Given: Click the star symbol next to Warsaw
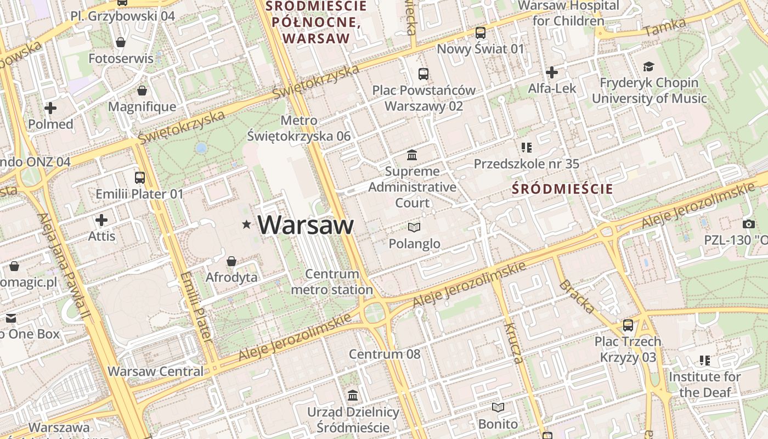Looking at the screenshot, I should click(247, 224).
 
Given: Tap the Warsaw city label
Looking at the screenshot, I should click(306, 225).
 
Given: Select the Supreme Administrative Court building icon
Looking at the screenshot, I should click(412, 154).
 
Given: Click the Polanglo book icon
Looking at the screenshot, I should click(414, 227).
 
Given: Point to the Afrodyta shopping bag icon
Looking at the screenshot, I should click(231, 261).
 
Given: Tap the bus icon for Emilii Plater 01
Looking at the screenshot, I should click(140, 177).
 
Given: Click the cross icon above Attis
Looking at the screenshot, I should click(101, 220).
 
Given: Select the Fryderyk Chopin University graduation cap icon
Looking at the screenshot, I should click(649, 66).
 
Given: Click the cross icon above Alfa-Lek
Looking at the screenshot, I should click(552, 72).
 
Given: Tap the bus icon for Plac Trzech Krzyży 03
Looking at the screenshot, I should click(628, 325).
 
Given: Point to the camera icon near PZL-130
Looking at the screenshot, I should click(748, 224).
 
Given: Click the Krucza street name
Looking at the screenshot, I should click(513, 344).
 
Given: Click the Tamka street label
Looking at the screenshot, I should click(665, 27).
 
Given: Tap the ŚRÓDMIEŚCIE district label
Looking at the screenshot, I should click(562, 189).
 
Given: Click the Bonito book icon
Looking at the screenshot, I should click(498, 407).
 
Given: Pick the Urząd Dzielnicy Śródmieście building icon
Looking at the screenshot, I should click(353, 395).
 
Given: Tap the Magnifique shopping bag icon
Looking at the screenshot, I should click(142, 91).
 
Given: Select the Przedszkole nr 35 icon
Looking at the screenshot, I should click(527, 147).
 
